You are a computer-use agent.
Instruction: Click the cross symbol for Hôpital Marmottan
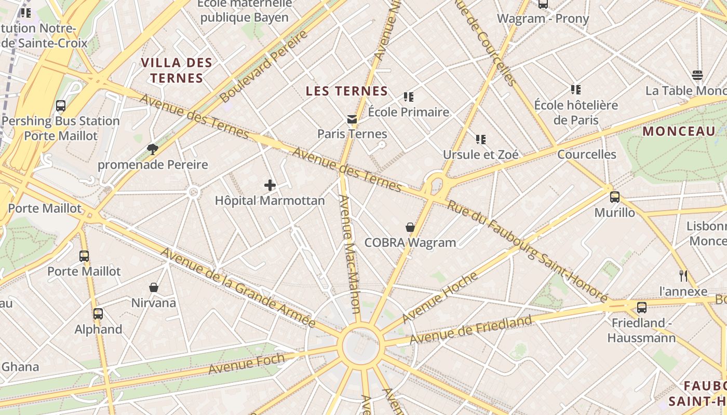tap(270, 185)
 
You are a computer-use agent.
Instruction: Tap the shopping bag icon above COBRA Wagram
tap(410, 227)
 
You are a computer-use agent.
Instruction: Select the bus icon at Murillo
tap(615, 197)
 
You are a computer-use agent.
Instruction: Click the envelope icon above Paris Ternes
tap(352, 119)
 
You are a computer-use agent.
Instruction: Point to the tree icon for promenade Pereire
tap(153, 150)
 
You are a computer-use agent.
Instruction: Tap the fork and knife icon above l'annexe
tap(683, 275)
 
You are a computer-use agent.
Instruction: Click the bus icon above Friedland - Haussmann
tap(642, 308)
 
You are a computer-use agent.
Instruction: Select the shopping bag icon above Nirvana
tap(154, 287)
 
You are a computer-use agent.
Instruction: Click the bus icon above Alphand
tap(98, 314)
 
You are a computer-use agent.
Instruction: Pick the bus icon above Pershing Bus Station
tap(61, 106)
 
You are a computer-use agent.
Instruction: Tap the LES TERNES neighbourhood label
tap(347, 91)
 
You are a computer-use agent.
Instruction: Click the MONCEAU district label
tap(679, 131)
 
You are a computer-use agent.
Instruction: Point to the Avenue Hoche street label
tap(440, 297)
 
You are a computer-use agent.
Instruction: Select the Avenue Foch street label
tap(247, 364)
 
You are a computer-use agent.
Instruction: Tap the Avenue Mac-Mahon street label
tap(349, 254)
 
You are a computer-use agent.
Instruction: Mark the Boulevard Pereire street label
tap(263, 66)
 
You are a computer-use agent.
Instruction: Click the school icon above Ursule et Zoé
tap(481, 139)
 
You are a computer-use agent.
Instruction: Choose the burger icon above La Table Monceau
tap(697, 75)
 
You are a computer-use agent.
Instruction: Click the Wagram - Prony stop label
tap(543, 19)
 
